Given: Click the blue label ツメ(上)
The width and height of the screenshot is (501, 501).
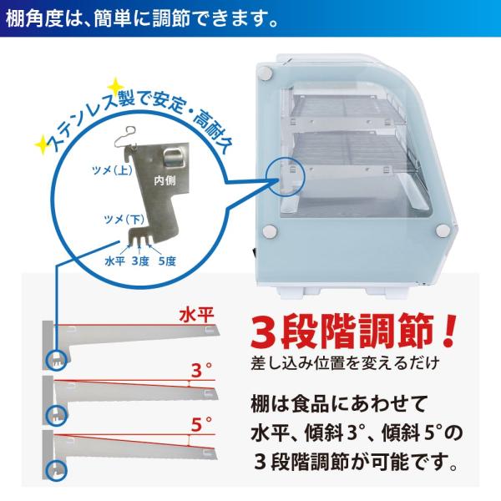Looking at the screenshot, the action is [x=112, y=170].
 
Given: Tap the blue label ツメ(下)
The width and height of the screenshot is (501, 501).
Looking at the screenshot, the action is [x=124, y=220].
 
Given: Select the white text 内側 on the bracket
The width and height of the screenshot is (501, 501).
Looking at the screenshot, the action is [x=164, y=180].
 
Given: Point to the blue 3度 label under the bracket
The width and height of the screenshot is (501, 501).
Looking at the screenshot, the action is [x=140, y=261].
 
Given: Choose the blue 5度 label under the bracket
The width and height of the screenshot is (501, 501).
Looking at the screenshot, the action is [x=167, y=261].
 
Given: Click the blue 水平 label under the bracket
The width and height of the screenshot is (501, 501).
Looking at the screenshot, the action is [x=114, y=261].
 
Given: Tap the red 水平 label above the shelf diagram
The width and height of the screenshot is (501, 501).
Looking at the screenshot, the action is [x=196, y=316].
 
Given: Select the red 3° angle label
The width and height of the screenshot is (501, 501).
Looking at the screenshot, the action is [x=201, y=371].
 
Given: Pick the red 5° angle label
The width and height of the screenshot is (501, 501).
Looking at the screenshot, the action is [x=201, y=424].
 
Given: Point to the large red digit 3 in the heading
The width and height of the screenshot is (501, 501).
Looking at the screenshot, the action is [x=264, y=332].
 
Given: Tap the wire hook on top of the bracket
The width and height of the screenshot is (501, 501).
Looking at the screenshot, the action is [x=126, y=136].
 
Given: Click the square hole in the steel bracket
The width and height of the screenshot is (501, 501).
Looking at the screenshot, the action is [x=174, y=157].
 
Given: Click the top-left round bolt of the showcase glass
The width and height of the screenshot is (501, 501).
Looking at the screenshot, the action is [x=266, y=74].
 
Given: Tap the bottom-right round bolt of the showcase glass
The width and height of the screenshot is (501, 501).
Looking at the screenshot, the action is [x=443, y=230].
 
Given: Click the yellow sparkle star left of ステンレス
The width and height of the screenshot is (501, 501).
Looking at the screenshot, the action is [x=42, y=145].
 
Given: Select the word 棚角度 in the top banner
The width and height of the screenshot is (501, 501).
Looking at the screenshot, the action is [x=33, y=18].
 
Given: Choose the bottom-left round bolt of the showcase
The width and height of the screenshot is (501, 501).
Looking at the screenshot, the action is [x=270, y=231].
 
